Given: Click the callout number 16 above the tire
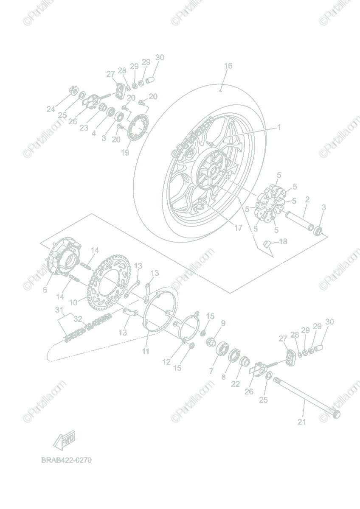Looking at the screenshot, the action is (228, 66).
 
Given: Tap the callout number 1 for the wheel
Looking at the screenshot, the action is (279, 127).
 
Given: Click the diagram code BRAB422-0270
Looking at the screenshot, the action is (66, 460).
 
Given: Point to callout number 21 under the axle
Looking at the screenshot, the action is (302, 422).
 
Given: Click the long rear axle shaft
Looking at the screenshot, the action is (306, 397).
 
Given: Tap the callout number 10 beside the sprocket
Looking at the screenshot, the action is (73, 302).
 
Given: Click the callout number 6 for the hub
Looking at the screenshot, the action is (45, 290).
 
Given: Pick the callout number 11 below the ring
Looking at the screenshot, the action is (146, 351).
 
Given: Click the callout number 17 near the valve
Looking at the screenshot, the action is (239, 228).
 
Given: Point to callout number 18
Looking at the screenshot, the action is (283, 241).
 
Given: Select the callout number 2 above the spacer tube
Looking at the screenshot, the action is (307, 199).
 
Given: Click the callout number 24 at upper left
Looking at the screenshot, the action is (51, 109).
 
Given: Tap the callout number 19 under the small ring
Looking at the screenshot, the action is (125, 152).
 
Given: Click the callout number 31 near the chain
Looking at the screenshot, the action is (59, 310).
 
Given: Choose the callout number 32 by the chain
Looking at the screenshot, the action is (78, 319).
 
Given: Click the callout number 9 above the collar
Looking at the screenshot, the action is (223, 323).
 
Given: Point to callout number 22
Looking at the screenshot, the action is (236, 383).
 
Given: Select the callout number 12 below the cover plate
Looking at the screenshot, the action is (166, 362).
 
